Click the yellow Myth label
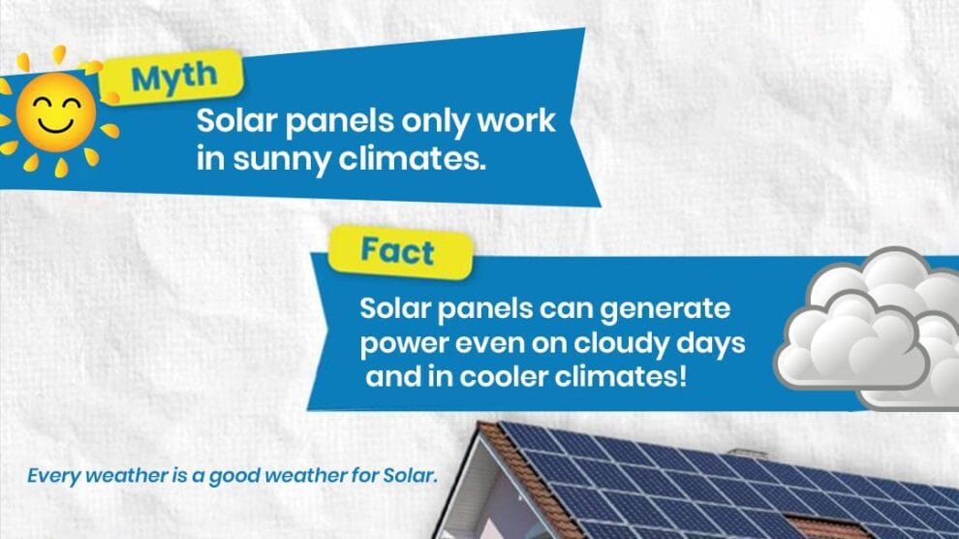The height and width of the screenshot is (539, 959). [172, 78]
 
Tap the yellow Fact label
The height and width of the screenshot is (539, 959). [400, 252]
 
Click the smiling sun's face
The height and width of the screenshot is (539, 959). [56, 111]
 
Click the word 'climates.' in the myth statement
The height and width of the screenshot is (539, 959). [413, 158]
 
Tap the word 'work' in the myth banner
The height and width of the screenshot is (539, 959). [516, 120]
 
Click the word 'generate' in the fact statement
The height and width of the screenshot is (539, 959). [665, 309]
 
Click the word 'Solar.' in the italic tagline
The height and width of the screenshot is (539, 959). [410, 475]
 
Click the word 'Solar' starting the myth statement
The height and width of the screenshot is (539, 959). [236, 120]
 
